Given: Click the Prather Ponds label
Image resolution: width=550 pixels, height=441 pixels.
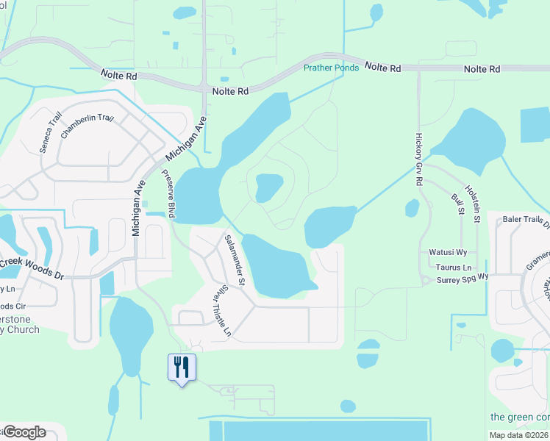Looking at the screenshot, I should click(332, 68).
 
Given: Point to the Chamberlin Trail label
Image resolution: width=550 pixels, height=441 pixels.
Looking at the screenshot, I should click(87, 127).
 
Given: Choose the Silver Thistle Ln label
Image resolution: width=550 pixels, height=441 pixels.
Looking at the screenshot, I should click(222, 311).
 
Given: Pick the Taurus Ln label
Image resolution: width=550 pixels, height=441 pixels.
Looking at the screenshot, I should click(454, 268).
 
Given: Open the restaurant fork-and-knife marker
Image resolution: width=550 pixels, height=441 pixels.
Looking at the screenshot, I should click(182, 366).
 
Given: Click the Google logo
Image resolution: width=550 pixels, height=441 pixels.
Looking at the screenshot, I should click(24, 431).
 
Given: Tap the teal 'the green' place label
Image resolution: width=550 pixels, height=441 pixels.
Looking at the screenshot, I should click(519, 417).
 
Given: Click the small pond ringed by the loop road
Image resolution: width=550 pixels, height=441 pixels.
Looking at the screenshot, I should click(268, 187).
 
